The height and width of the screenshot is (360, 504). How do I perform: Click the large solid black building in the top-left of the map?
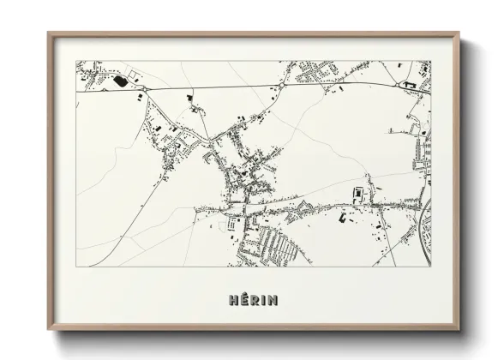click(118, 81)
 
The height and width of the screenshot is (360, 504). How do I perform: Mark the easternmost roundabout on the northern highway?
click(399, 85)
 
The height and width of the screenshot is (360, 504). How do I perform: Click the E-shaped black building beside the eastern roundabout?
click(409, 86)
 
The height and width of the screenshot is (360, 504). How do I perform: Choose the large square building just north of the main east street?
click(358, 193)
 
